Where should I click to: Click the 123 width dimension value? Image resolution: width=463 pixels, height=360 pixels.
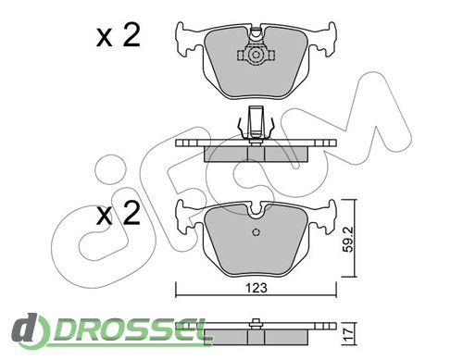(256, 288)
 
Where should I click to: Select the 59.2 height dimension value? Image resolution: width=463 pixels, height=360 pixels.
(348, 240)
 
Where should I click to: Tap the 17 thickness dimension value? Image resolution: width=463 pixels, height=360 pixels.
(348, 334)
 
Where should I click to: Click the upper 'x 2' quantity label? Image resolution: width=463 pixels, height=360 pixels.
(119, 35)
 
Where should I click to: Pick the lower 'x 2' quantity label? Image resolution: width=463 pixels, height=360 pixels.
(119, 213)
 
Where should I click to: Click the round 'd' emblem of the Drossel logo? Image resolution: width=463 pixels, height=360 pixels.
(30, 329)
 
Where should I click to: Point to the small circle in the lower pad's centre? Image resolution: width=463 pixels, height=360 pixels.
(256, 232)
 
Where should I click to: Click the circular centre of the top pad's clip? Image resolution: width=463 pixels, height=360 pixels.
(256, 56)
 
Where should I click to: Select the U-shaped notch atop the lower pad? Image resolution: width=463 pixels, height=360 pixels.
(256, 211)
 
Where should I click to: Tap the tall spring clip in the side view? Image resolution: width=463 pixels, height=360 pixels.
(256, 125)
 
